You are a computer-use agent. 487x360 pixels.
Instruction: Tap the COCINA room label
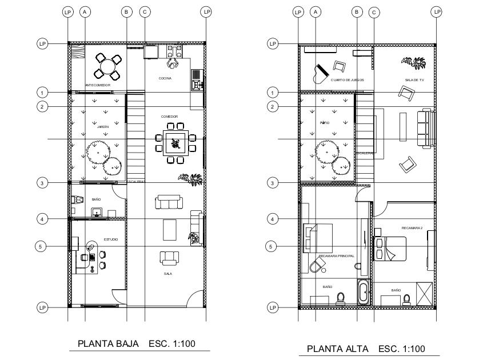165,78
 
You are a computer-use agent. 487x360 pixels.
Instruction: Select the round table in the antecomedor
107,66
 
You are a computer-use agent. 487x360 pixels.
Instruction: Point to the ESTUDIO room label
111,239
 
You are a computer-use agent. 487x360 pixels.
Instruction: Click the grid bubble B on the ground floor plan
127,11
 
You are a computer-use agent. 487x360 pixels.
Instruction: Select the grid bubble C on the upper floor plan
374,11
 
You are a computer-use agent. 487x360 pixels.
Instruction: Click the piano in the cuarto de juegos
320,73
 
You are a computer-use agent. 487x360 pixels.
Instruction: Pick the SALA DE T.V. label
414,81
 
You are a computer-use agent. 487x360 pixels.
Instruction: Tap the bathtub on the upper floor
364,291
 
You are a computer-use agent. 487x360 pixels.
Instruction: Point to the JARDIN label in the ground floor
103,127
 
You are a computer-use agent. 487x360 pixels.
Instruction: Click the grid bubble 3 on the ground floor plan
42,183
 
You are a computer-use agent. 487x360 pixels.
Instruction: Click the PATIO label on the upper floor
324,122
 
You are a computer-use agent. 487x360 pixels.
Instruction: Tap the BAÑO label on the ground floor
96,199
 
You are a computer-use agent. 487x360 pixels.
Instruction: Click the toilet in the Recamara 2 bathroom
408,299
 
